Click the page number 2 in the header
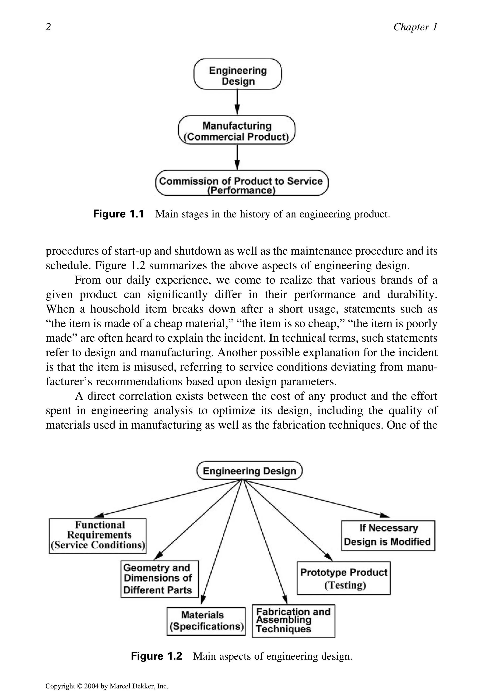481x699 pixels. (x=48, y=27)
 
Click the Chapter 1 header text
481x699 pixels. (x=415, y=27)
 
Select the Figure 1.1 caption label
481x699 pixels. (x=118, y=214)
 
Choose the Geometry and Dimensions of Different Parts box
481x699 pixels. (x=159, y=579)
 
